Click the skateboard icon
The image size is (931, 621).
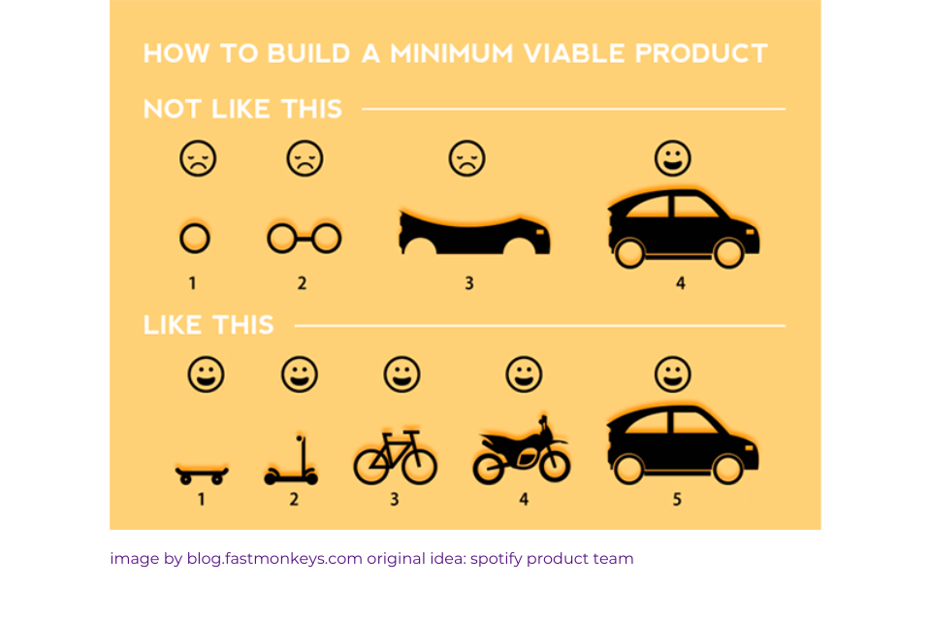[202, 474]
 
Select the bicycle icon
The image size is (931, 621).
[395, 458]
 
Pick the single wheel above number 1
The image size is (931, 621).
[194, 238]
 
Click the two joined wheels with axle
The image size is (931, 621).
[304, 238]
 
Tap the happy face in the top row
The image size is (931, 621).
[671, 157]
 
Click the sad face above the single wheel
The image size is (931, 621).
[197, 158]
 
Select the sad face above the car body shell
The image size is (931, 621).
[466, 158]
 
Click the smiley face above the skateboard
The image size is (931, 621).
[206, 375]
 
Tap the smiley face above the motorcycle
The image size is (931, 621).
[524, 375]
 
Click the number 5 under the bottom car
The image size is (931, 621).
[677, 500]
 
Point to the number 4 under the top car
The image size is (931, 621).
[681, 283]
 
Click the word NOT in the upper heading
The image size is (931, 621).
[172, 109]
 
